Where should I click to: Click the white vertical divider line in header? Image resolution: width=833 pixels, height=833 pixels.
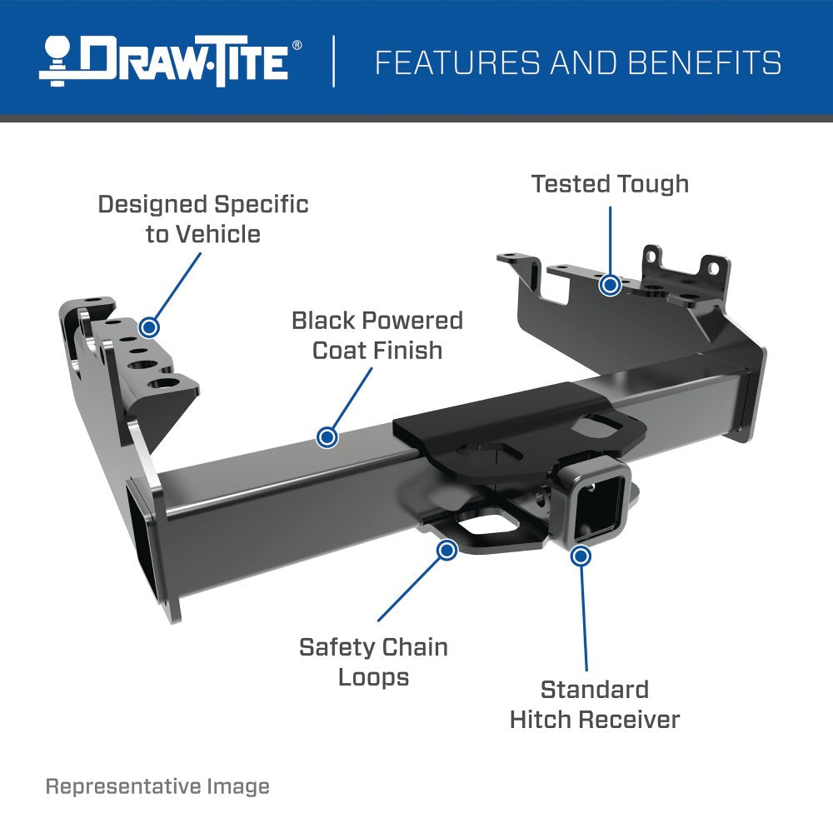coord(334,60)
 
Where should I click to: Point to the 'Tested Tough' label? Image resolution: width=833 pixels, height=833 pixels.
coord(610,183)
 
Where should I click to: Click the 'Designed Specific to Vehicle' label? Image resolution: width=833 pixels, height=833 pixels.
coord(203,219)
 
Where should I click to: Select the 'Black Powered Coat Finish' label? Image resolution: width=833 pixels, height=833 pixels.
coord(377,335)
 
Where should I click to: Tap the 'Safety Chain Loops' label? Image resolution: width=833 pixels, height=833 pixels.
coord(373,661)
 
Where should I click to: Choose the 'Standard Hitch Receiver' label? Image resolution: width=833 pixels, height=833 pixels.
coord(595,704)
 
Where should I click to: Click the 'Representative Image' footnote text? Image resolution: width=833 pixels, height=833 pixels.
coord(157,786)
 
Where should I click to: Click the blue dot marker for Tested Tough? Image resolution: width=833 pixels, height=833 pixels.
coord(611,286)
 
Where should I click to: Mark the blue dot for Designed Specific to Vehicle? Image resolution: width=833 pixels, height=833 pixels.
coord(150,327)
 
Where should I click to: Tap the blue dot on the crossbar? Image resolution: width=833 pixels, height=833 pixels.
coord(327,436)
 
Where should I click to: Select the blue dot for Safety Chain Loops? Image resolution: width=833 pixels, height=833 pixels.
coord(447,550)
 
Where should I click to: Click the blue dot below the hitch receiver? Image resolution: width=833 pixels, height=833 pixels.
coord(581,556)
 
